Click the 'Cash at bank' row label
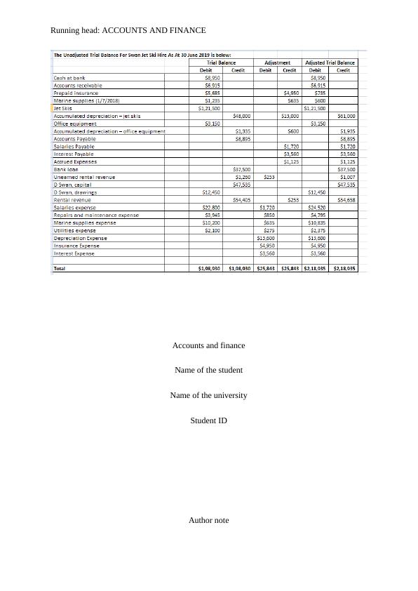click(x=69, y=78)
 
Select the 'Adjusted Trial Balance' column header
click(x=330, y=62)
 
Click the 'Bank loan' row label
click(x=67, y=169)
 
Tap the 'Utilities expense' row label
click(x=75, y=230)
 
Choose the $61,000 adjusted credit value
click(x=346, y=116)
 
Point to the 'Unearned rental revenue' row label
click(x=84, y=177)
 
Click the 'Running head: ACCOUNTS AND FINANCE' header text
click(x=128, y=31)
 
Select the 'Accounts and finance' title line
click(x=208, y=345)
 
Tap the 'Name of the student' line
click(x=208, y=370)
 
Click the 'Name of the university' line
click(x=208, y=395)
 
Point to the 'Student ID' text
click(x=208, y=420)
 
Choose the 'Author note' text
click(x=208, y=520)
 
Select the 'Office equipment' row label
click(x=75, y=124)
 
